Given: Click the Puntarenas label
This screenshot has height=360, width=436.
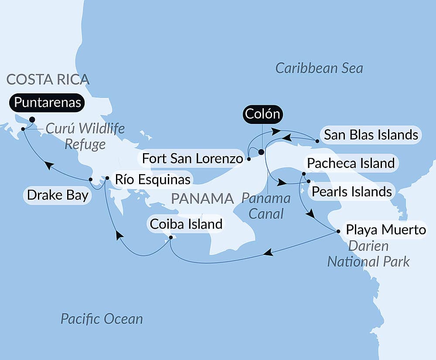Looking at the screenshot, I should coord(47,103).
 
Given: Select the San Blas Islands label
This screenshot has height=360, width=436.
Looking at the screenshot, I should coord(371,135).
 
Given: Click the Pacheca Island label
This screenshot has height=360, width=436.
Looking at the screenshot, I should coord(351,164).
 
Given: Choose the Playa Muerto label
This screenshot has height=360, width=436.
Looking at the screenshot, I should coord(385,230).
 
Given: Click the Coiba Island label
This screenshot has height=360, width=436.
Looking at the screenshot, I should coord(186,224).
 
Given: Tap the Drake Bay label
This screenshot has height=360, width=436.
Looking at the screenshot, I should coord(58,195).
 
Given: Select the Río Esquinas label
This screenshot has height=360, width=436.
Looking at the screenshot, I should coord(152,179).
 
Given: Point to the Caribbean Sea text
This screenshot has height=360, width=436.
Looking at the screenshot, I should coord(319,68).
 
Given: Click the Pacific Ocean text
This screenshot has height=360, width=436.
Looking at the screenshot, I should coord(102,319).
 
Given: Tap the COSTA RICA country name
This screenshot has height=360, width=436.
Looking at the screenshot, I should coord(48,79).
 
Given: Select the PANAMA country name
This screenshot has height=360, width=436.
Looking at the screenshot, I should coord(203,199).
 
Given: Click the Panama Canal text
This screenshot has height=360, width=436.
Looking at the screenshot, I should coord(266,206).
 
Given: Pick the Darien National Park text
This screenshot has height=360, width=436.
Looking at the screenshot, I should coord(368,254).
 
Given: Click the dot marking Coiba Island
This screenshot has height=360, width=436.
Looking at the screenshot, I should coord(170,237).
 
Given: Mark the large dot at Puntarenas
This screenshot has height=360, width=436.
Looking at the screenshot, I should coord(32,119).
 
